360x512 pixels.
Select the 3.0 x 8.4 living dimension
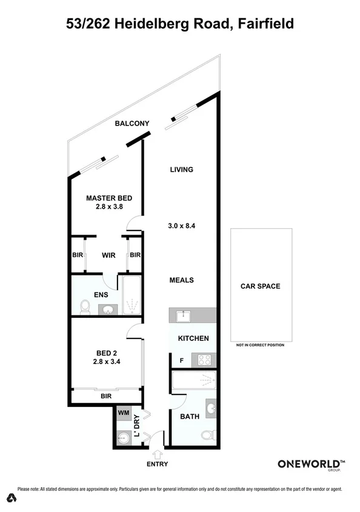180,226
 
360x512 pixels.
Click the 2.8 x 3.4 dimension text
107,362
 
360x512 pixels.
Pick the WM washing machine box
123,414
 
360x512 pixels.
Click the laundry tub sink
123,437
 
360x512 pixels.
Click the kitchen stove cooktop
204,360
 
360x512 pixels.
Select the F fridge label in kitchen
181,360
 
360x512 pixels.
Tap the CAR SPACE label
260,286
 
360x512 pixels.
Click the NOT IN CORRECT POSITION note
260,345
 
